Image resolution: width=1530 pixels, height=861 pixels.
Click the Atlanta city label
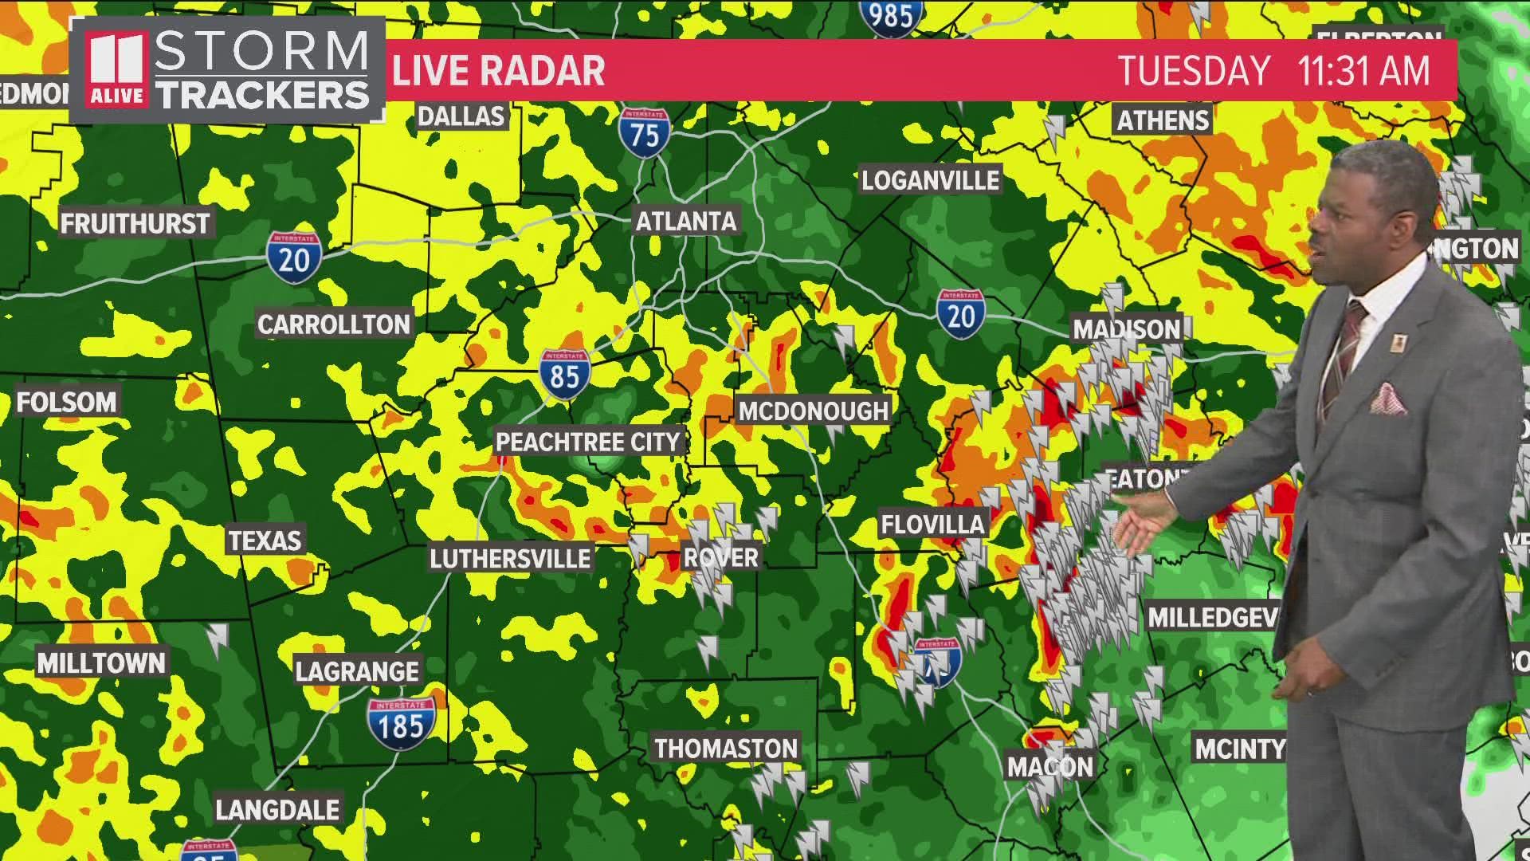(685, 221)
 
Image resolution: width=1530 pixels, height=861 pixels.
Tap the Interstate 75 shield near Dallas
(644, 132)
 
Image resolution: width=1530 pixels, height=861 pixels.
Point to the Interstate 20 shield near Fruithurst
(294, 258)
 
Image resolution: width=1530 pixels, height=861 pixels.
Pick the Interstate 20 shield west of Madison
(959, 314)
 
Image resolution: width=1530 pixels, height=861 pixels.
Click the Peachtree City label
(587, 442)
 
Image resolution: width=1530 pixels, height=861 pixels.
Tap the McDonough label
(813, 411)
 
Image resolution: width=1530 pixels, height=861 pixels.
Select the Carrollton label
(334, 324)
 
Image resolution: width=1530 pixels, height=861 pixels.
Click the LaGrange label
(357, 671)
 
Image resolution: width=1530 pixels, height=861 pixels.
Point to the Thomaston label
(726, 749)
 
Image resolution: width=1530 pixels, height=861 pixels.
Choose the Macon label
(1049, 767)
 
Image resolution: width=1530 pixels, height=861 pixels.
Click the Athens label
(1163, 120)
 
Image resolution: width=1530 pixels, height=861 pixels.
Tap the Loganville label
(930, 180)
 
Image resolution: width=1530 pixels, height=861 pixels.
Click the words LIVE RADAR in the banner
(499, 71)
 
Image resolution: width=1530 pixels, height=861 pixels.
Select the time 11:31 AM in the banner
(1363, 71)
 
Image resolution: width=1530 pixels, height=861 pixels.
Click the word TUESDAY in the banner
(1193, 71)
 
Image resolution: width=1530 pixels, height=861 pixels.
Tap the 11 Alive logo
(116, 70)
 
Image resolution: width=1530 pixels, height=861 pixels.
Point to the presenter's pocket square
(1388, 399)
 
